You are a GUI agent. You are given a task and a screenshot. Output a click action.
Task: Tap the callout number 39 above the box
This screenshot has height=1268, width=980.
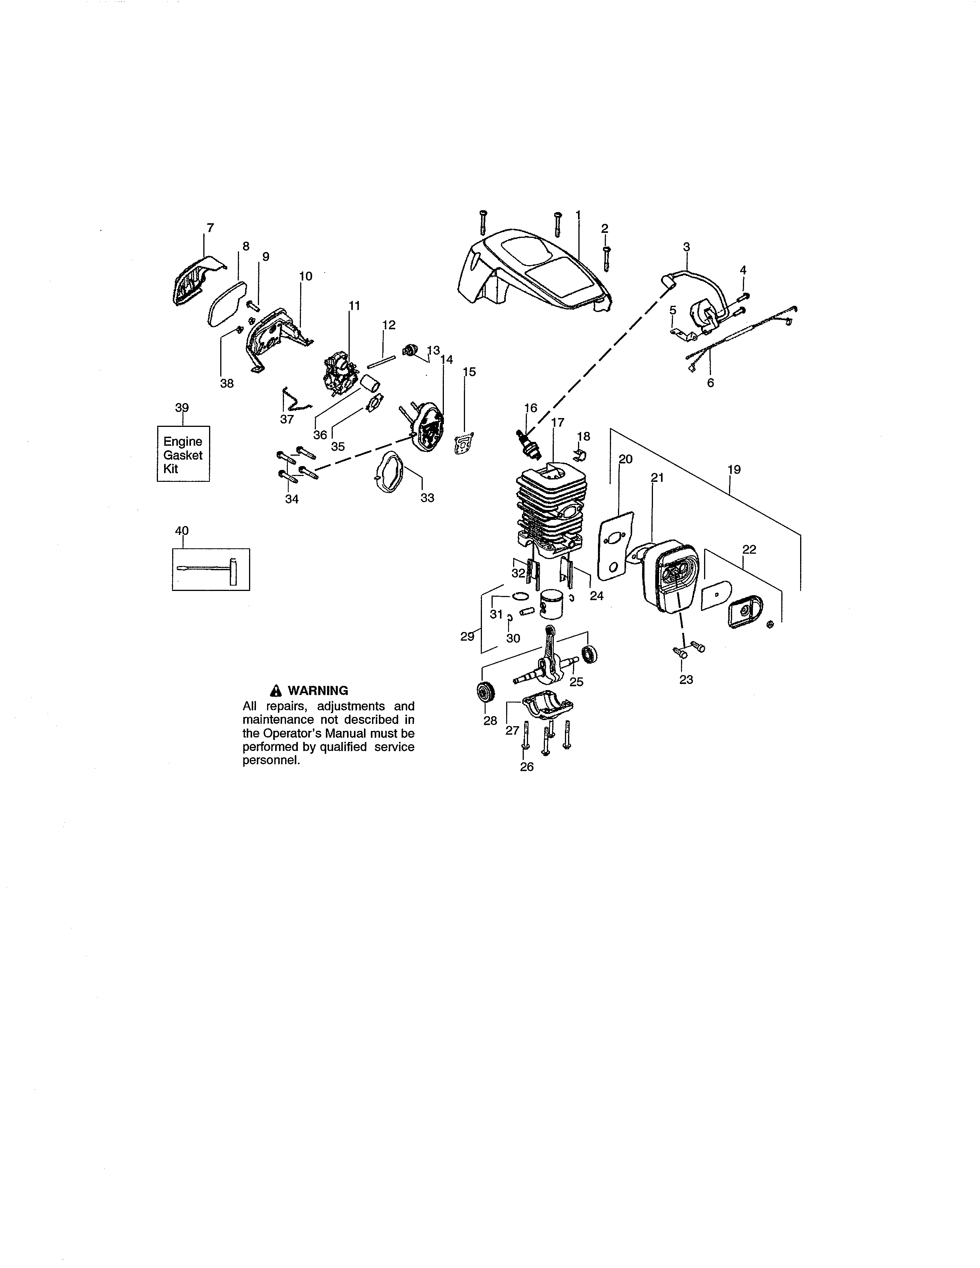click(182, 408)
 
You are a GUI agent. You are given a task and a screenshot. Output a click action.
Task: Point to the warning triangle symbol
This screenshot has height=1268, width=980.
click(276, 690)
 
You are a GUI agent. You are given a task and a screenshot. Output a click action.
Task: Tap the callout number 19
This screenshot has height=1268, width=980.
click(734, 469)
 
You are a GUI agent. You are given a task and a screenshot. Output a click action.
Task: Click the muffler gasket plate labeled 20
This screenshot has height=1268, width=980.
click(615, 546)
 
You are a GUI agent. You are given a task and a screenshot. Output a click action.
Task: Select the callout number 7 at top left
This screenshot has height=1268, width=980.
click(210, 227)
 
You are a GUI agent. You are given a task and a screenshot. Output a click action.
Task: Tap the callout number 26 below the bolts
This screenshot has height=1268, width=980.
click(527, 767)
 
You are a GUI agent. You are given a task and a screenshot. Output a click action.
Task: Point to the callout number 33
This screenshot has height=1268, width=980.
click(427, 498)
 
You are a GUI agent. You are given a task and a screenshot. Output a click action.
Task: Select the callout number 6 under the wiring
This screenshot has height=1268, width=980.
click(710, 383)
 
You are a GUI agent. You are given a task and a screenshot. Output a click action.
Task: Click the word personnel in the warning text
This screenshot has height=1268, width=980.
click(271, 760)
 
